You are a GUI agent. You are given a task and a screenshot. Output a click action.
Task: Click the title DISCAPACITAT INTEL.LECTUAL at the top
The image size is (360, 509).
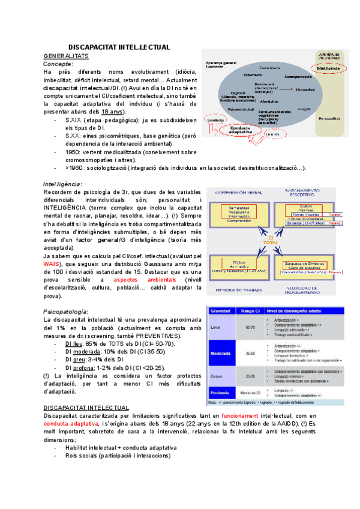click(119, 47)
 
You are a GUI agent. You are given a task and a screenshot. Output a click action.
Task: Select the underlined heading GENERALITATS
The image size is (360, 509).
click(66, 56)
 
